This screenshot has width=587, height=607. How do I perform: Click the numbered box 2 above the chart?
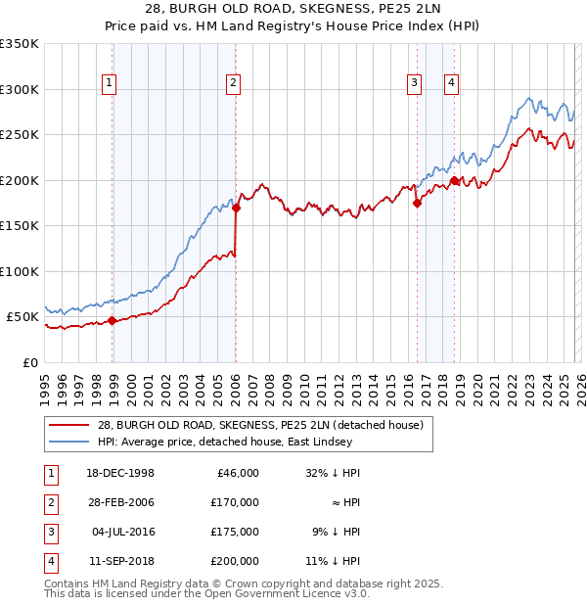pyautogui.click(x=233, y=84)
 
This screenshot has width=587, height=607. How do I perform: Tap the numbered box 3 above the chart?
pyautogui.click(x=414, y=84)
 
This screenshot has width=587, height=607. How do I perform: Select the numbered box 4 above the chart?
pyautogui.click(x=451, y=84)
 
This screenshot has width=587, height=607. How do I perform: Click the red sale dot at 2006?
pyautogui.click(x=236, y=207)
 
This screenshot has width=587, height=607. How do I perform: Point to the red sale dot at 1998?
pyautogui.click(x=113, y=320)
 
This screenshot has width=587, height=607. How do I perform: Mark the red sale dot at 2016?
pyautogui.click(x=417, y=204)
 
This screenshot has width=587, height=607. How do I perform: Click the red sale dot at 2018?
pyautogui.click(x=454, y=180)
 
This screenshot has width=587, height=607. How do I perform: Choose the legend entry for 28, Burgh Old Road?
pyautogui.click(x=259, y=425)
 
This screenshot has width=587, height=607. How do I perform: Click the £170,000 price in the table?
pyautogui.click(x=234, y=501)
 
